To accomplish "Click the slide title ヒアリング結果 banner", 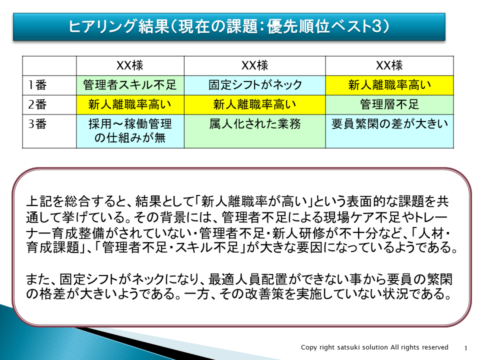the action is point(229,26).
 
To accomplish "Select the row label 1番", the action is point(37,85).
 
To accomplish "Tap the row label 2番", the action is point(37,104).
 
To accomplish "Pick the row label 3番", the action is point(37,124).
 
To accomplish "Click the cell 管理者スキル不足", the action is point(130,85).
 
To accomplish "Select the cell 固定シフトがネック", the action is point(255,85).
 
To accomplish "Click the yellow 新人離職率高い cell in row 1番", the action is point(389,85).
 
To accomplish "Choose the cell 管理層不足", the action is point(389,104).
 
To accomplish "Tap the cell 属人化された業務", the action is point(255,131).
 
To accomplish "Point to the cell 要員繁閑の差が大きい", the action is point(389,131).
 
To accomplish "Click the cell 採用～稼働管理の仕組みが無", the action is point(130,131).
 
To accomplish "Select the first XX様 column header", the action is point(130,65).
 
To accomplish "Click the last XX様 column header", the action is point(389,65).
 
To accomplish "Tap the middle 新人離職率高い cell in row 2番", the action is point(255,104).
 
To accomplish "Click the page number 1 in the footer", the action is point(465,348).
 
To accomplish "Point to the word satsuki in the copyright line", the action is point(348,347).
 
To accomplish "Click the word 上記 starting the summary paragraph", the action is point(39,201).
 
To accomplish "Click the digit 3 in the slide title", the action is point(377,26).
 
